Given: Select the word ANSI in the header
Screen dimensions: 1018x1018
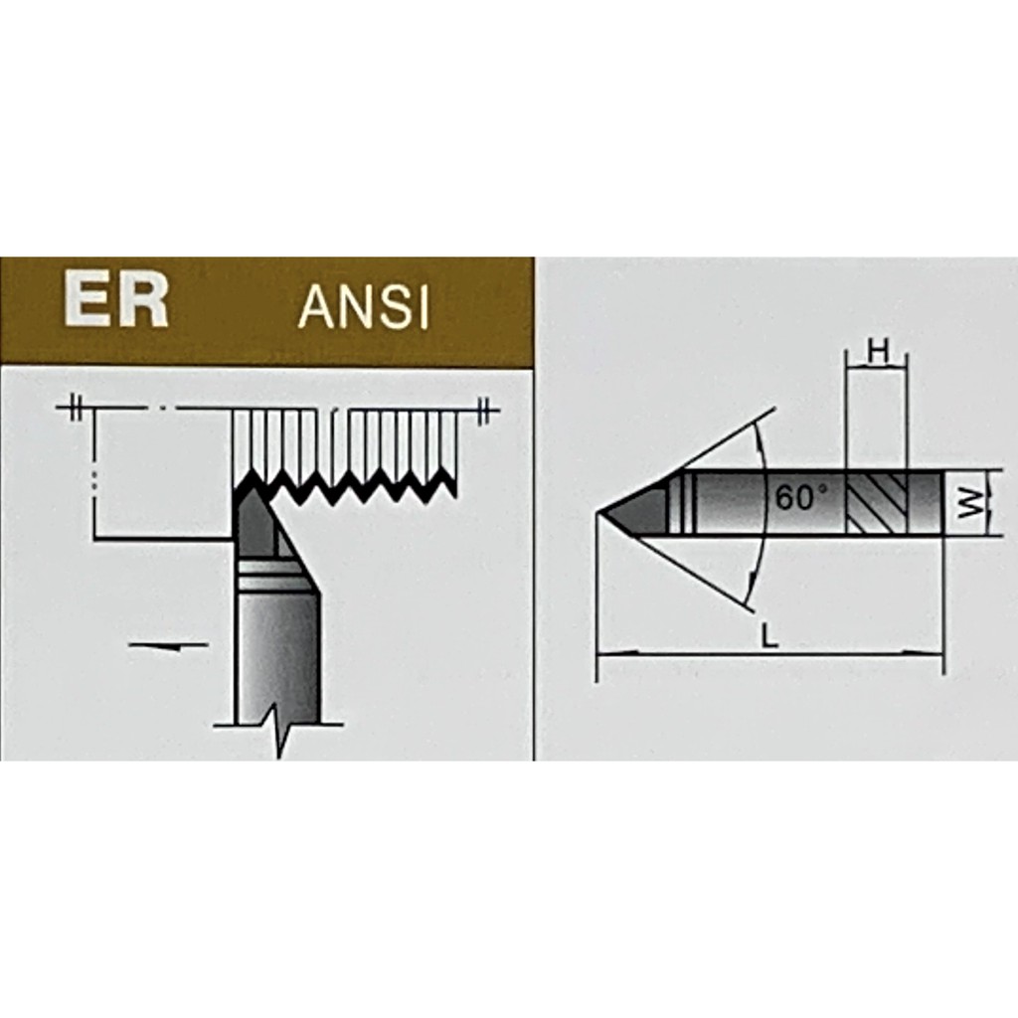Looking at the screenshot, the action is (x=364, y=307).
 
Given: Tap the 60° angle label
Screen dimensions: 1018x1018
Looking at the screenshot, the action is (x=802, y=497).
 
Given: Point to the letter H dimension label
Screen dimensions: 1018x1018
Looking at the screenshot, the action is (x=877, y=353).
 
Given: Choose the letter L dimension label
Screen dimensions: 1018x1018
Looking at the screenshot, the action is (x=769, y=636).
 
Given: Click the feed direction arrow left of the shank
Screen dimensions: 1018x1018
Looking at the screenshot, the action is (x=169, y=645).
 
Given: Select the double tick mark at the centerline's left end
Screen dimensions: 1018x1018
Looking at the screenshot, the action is (x=77, y=409).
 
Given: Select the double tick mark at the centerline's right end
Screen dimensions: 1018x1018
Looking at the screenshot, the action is (x=484, y=411).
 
